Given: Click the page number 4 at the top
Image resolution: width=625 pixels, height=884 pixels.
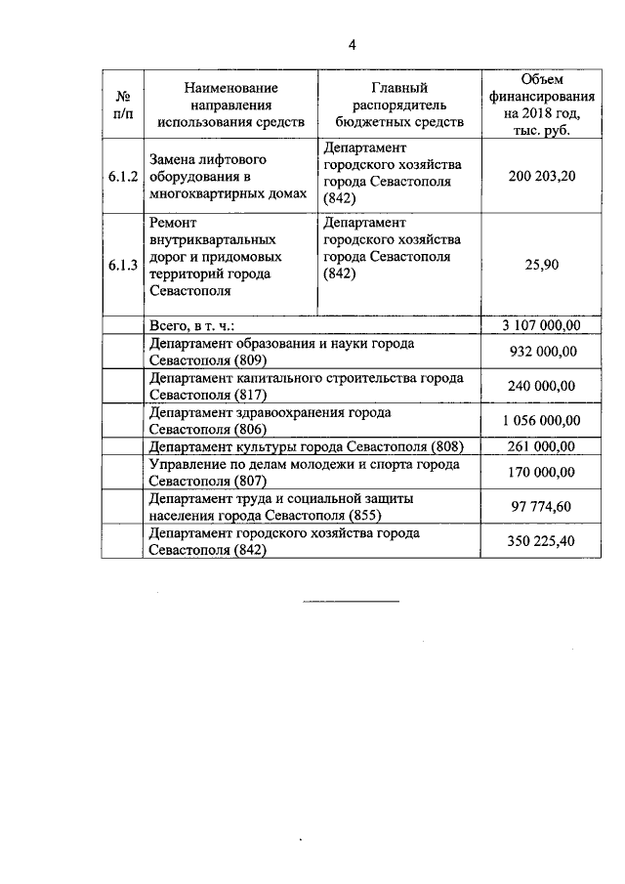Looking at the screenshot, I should point(353,44).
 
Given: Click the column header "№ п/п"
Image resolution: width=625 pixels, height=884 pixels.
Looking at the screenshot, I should point(124,105).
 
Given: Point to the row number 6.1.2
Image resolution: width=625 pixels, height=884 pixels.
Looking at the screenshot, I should point(124,177).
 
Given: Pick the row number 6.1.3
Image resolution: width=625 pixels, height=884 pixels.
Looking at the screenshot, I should point(124,265).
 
